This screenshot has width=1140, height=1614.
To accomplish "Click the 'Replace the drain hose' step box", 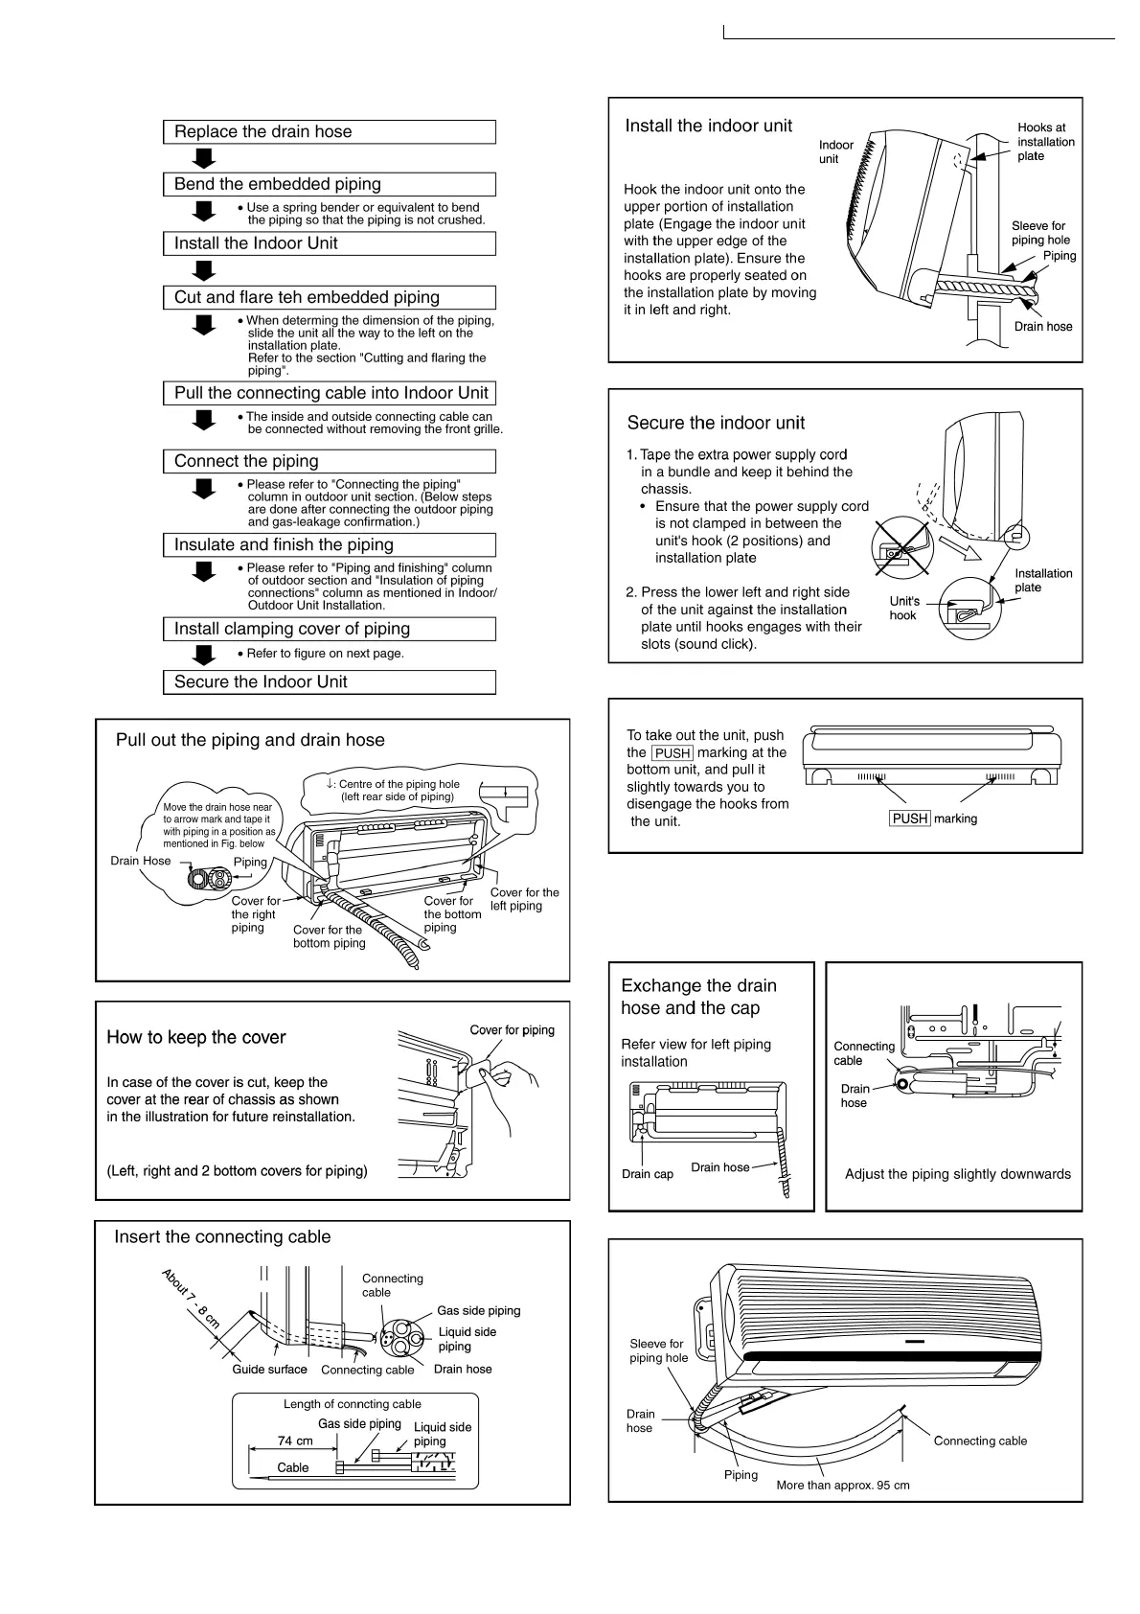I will pyautogui.click(x=329, y=132).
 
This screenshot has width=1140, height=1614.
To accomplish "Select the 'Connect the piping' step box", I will pyautogui.click(x=329, y=461).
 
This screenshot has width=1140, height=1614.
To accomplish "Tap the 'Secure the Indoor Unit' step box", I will pyautogui.click(x=329, y=682).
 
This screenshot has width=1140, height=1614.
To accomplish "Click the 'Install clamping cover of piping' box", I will pyautogui.click(x=329, y=629).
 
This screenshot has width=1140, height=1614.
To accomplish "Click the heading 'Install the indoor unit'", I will pyautogui.click(x=708, y=126).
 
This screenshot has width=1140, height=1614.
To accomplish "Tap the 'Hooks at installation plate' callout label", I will pyautogui.click(x=1045, y=142).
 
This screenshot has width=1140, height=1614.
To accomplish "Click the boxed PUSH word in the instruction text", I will pyautogui.click(x=672, y=753).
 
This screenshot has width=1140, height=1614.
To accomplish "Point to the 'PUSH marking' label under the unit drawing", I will pyautogui.click(x=933, y=819).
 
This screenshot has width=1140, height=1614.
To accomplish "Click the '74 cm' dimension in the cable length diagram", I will pyautogui.click(x=295, y=1441).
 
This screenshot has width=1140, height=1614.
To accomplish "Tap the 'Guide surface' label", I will pyautogui.click(x=269, y=1370).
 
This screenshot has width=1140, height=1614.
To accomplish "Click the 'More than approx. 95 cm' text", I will pyautogui.click(x=842, y=1486).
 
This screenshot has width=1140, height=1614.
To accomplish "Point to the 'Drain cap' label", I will pyautogui.click(x=647, y=1174).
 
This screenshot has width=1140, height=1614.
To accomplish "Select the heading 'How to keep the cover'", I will pyautogui.click(x=195, y=1037).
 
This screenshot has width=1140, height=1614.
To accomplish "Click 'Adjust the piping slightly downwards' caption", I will pyautogui.click(x=957, y=1174).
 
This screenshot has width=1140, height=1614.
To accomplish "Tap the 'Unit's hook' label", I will pyautogui.click(x=903, y=609).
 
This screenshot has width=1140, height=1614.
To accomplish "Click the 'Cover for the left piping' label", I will pyautogui.click(x=524, y=899).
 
